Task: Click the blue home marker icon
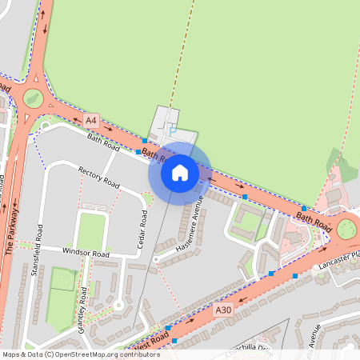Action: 179,171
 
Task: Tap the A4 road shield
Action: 92,120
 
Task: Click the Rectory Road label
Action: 99,178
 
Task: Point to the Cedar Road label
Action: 143,229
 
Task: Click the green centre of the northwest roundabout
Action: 33,98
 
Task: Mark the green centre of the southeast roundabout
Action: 346,230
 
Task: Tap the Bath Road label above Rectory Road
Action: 103,143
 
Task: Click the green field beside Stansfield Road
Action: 62,281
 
